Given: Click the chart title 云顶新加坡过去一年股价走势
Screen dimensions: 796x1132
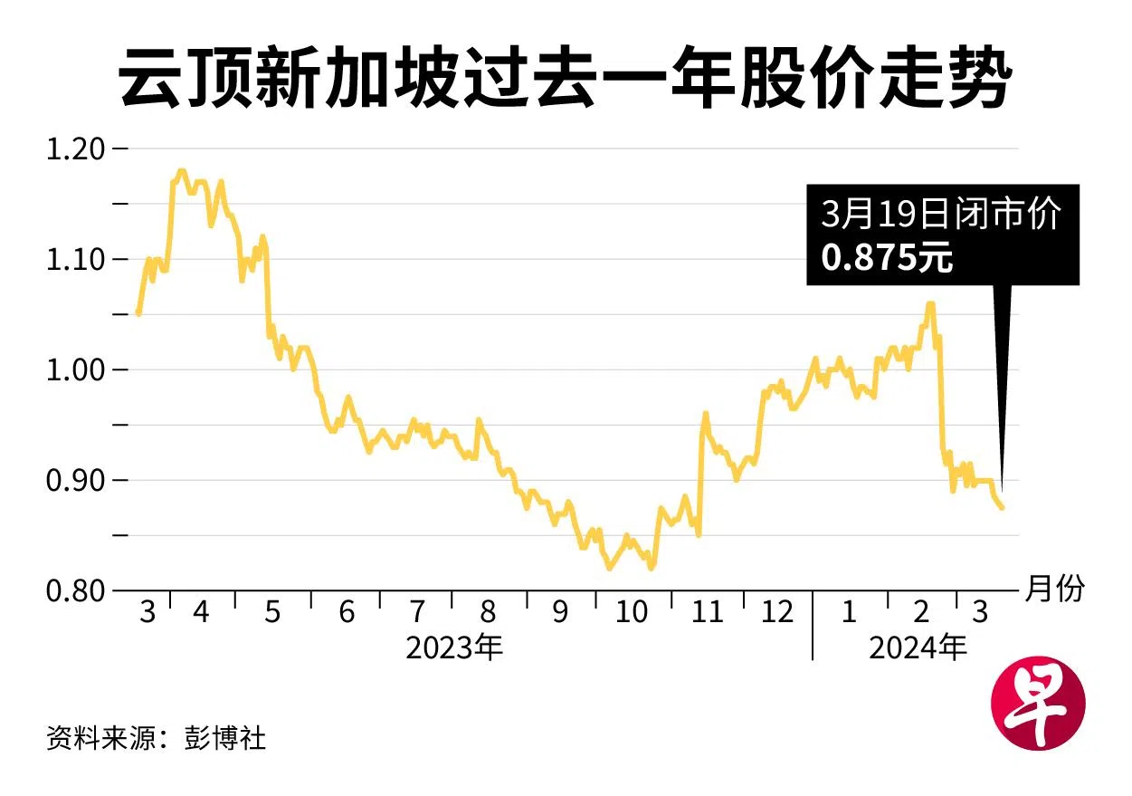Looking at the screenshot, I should point(565,80).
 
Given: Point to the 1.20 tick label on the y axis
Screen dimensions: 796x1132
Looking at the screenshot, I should point(75,149).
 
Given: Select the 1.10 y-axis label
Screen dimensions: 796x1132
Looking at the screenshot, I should point(75,260).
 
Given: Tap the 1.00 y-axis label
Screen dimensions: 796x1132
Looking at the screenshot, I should point(75,370).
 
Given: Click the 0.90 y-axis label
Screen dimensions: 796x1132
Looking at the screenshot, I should point(75,481).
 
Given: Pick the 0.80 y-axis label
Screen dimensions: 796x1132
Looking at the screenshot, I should point(75,591).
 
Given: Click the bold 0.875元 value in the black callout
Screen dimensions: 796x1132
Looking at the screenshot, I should point(887,260).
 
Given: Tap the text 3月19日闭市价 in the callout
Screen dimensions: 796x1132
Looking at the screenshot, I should point(941,216).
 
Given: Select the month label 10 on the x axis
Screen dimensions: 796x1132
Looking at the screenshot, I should point(631,613).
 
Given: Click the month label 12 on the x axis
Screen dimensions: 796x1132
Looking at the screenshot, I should point(776,613).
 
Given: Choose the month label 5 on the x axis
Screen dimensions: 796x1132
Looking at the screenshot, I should point(272,613).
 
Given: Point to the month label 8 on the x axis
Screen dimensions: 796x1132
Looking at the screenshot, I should point(489,613).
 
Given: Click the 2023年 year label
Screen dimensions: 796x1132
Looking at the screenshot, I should point(453,648).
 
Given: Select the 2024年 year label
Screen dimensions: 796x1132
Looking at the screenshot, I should point(918,648).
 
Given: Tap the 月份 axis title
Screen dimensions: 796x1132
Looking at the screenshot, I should point(1053,590).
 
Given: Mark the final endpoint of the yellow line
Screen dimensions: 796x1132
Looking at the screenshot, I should point(1002,508).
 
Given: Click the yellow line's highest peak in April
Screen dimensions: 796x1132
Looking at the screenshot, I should point(182,170).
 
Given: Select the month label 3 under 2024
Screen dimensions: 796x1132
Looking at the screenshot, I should point(979,613).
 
